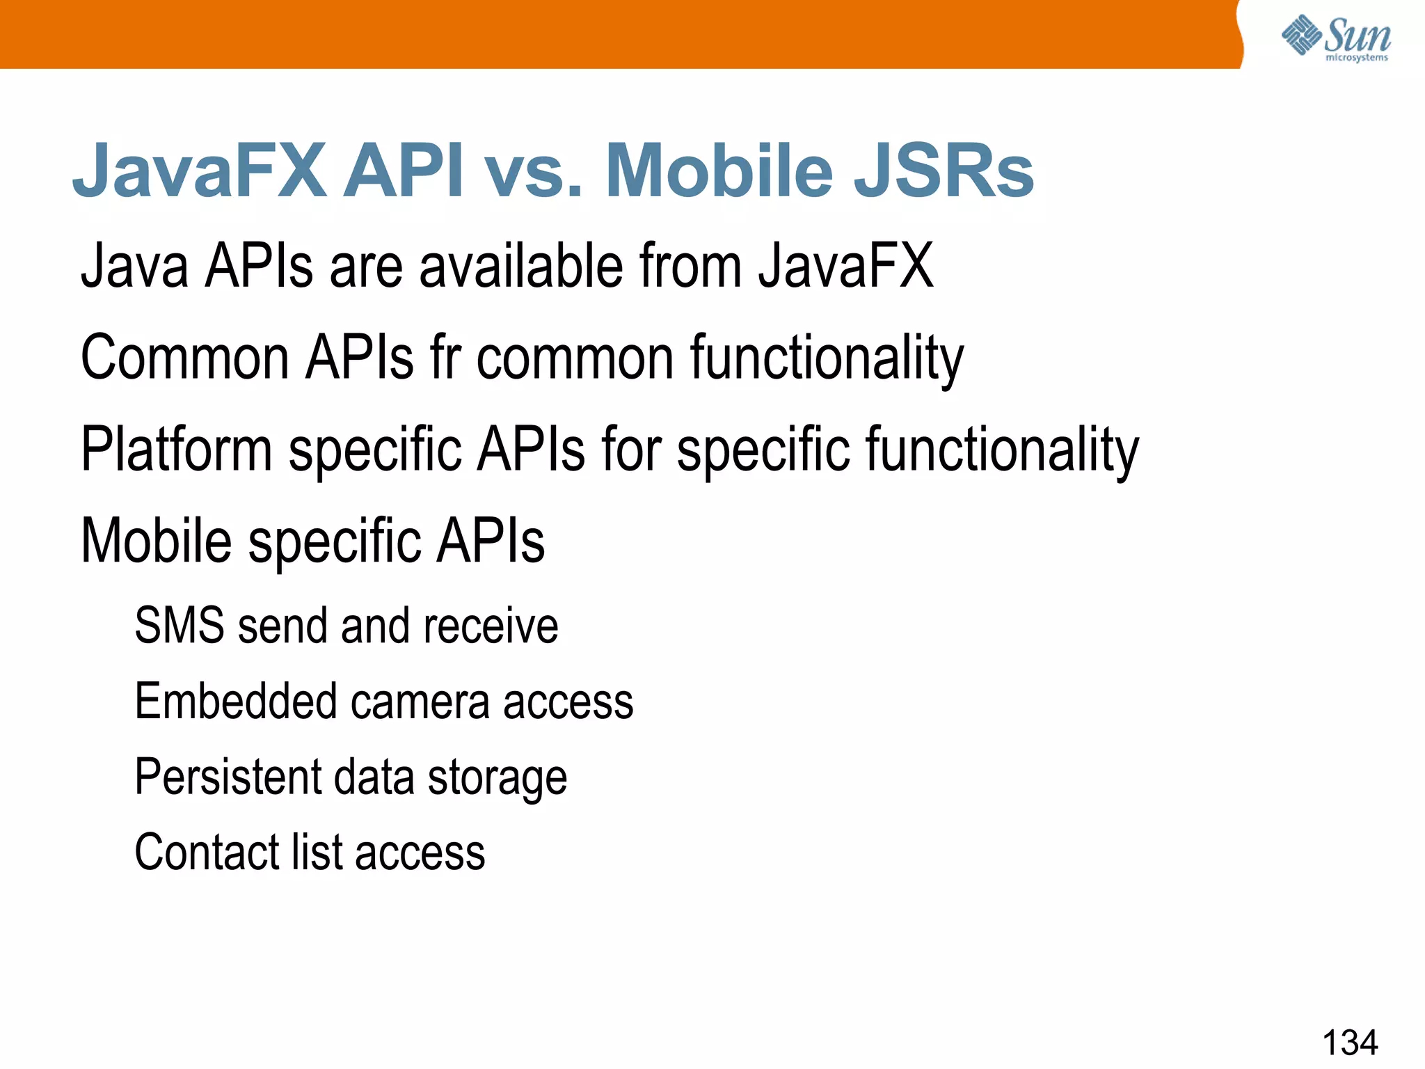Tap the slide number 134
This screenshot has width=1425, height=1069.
(1349, 1042)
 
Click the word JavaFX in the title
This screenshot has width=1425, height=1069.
(200, 171)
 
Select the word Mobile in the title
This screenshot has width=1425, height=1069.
(719, 171)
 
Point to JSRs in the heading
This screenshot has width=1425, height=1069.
(944, 171)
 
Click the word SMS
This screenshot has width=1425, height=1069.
(180, 625)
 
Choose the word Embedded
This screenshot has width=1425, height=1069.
(236, 701)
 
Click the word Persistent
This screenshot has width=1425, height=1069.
(228, 777)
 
